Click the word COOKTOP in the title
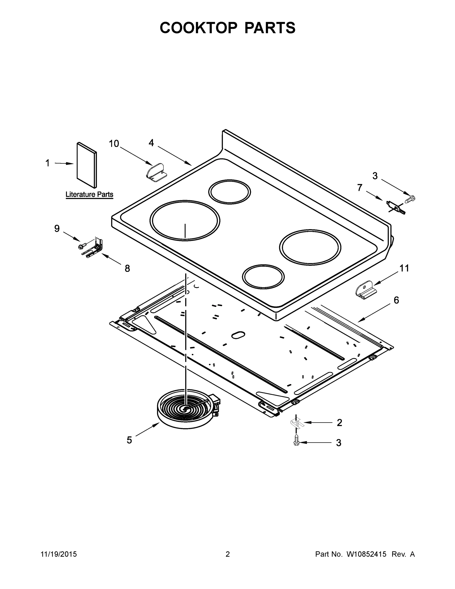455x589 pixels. click(199, 28)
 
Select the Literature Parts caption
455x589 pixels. click(89, 194)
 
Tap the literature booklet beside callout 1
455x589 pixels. click(87, 165)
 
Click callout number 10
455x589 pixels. click(114, 144)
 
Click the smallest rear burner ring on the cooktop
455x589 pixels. click(229, 192)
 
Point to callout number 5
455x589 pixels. click(129, 440)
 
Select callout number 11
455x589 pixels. click(404, 268)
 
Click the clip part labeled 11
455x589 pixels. click(366, 291)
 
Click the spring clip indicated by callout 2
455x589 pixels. click(297, 423)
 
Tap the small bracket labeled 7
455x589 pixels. click(395, 207)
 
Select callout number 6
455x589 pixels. click(396, 300)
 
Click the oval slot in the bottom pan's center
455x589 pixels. click(238, 335)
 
